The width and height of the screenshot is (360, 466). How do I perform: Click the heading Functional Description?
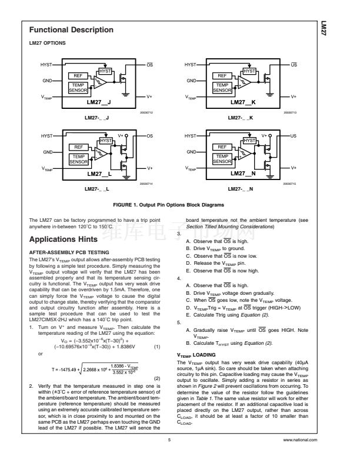[x=71, y=30]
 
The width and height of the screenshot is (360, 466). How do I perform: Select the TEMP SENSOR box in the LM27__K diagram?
[x=222, y=88]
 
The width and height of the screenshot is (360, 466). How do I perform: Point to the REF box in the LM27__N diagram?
[x=222, y=147]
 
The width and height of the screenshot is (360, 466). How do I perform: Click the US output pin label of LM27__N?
[x=294, y=136]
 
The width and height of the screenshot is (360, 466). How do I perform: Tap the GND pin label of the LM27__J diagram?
[x=46, y=80]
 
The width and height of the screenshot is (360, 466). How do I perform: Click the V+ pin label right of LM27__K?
[x=294, y=96]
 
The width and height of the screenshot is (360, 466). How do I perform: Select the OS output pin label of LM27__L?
[x=150, y=136]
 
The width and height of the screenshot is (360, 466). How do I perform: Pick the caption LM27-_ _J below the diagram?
[x=99, y=118]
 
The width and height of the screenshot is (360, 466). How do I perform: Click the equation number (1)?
[x=158, y=330]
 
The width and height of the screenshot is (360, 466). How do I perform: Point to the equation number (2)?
[x=158, y=378]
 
